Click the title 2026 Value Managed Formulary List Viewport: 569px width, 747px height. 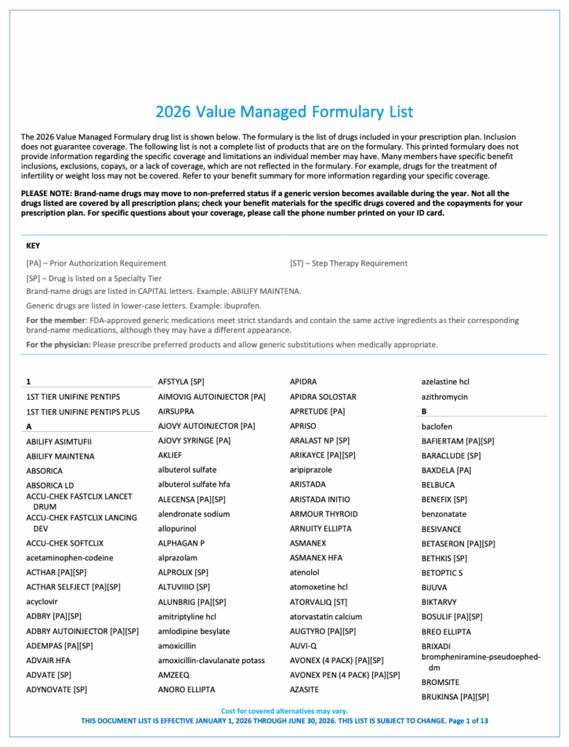(x=284, y=112)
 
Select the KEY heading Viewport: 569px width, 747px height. (x=33, y=246)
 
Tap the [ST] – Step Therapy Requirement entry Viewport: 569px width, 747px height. (x=348, y=263)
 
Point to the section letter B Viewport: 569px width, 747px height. (x=424, y=411)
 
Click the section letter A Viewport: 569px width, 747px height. (x=29, y=426)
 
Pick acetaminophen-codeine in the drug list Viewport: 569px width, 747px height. (x=69, y=558)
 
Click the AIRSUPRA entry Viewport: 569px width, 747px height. (x=176, y=411)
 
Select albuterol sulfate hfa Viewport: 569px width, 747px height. (x=194, y=484)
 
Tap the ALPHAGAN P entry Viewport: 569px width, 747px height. (x=181, y=543)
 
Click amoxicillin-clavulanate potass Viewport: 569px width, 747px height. (x=211, y=660)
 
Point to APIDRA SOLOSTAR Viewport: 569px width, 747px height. (x=323, y=397)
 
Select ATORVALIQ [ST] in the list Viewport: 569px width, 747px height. (x=318, y=602)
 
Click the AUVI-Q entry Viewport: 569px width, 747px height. (x=303, y=646)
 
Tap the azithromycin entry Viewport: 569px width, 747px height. (x=444, y=397)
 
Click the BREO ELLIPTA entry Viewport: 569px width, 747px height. (x=446, y=632)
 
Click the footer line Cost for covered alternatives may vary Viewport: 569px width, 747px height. (x=284, y=711)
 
